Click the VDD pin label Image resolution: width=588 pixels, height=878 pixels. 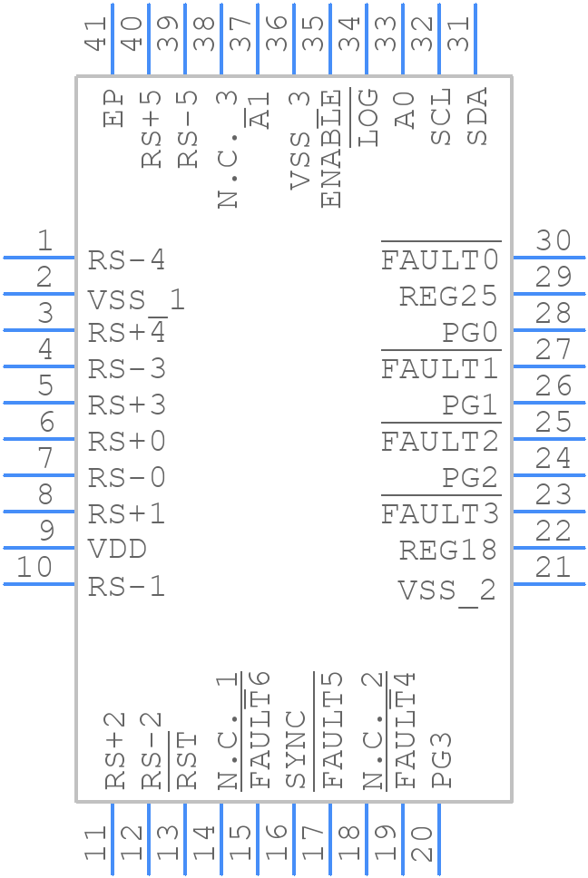pos(117,550)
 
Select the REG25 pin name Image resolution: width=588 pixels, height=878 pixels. pos(448,297)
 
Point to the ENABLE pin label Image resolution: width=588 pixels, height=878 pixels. pos(332,149)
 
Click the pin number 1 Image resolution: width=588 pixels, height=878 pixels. pos(44,241)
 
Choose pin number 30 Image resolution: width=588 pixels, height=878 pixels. pos(553,241)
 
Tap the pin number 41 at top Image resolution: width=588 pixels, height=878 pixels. pos(95,34)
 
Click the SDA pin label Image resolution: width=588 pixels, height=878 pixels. pos(477,116)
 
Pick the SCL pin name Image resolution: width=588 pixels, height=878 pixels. pos(441,117)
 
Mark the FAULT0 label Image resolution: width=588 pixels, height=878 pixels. pos(440,260)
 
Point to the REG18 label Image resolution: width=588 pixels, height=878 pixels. pos(448,551)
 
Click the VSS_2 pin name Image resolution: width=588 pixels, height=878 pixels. pos(447,590)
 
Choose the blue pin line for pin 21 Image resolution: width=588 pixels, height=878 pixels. pos(549,584)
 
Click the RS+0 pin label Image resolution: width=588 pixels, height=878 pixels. pos(127,442)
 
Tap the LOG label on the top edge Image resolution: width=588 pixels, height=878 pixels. pos(368,118)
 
